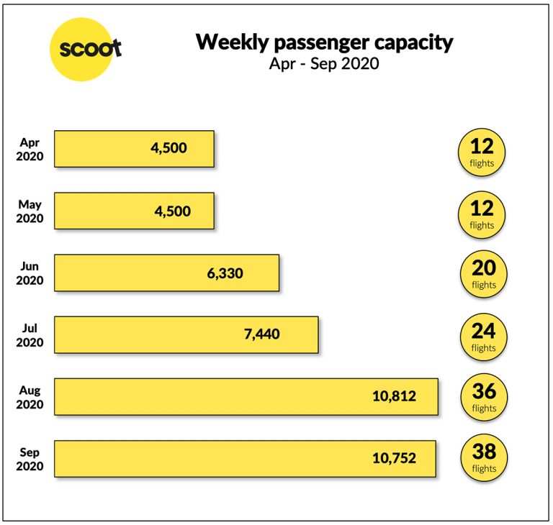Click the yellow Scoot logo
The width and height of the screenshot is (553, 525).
tap(85, 49)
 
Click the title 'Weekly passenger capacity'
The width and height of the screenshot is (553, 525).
tap(324, 42)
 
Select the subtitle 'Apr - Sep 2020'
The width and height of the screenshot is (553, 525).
tap(324, 63)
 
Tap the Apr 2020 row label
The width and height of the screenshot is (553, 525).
tap(30, 149)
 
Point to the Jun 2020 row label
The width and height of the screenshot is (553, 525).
tap(30, 273)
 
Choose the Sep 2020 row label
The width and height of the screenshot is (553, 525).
tap(30, 459)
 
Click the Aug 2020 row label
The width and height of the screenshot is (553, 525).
tap(30, 397)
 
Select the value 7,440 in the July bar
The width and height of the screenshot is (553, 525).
tap(261, 334)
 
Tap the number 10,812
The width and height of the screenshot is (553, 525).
tap(394, 396)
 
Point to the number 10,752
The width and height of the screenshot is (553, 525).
tap(394, 458)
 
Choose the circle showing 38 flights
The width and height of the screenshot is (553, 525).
tap(483, 458)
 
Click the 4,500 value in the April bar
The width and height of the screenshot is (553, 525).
tap(168, 148)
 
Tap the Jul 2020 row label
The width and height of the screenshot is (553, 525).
tap(30, 335)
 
